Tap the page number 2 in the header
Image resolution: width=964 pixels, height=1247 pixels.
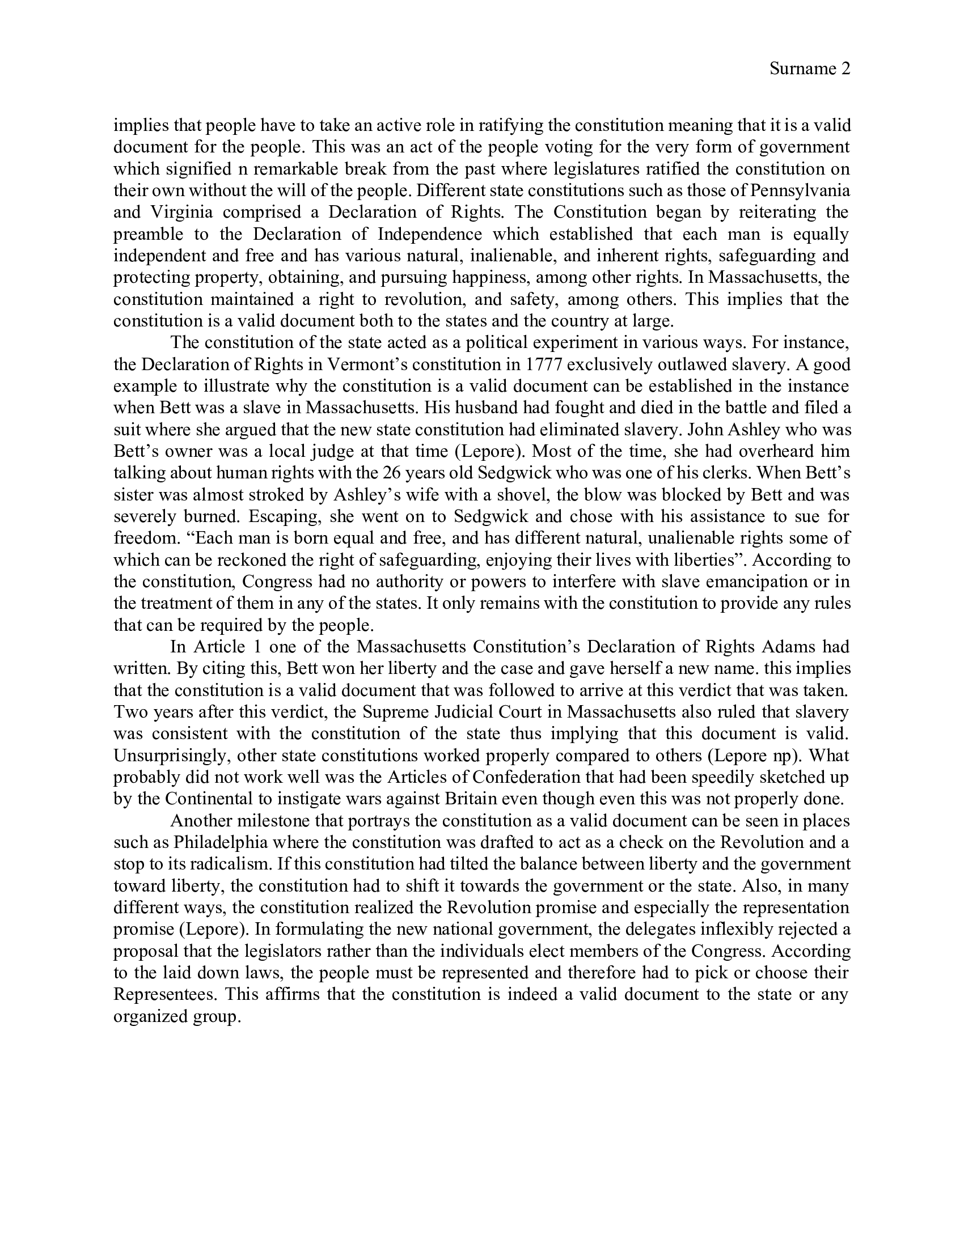click(846, 69)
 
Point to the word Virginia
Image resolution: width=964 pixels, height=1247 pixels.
click(181, 213)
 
